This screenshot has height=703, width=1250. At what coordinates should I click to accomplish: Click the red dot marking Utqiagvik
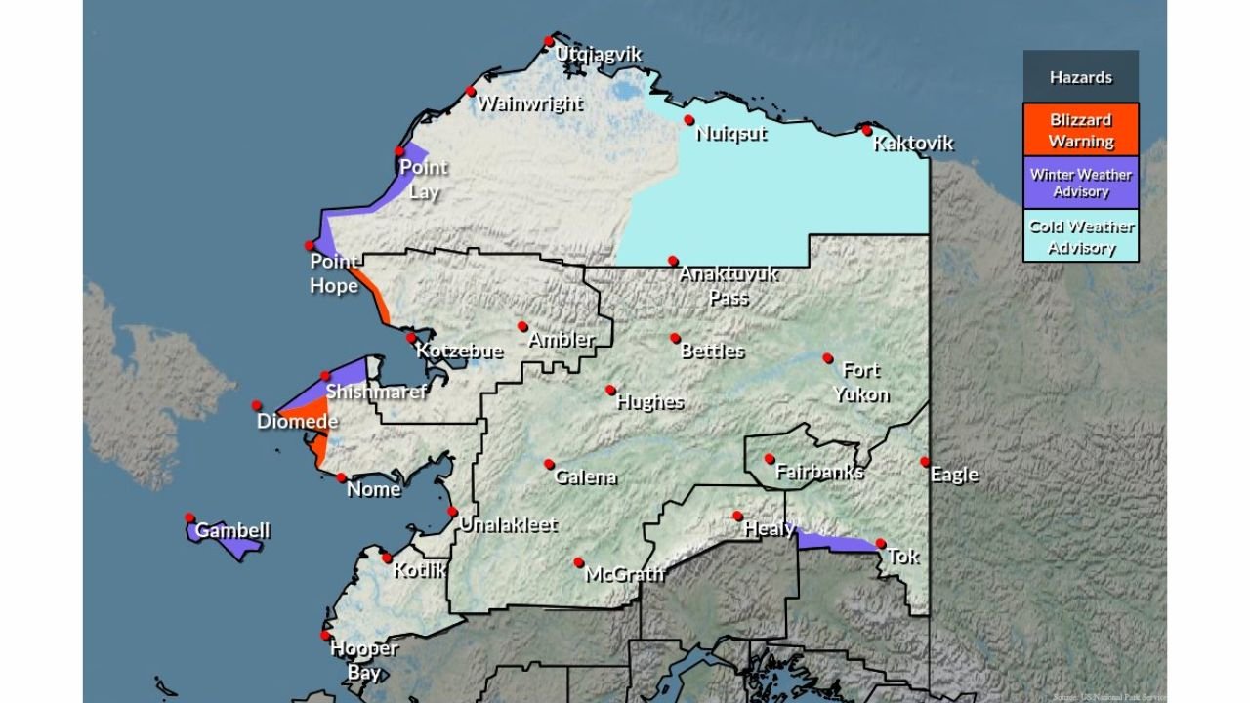tap(549, 41)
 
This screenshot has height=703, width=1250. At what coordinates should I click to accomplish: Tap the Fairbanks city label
tap(818, 473)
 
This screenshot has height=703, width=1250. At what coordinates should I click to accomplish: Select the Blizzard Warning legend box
tap(1081, 130)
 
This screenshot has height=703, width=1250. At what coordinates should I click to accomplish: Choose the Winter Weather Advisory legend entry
tap(1081, 183)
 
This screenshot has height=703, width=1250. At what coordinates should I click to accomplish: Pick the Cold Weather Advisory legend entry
tap(1081, 236)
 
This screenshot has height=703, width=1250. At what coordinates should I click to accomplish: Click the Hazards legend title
tap(1081, 77)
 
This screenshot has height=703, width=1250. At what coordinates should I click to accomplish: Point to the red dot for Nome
tap(342, 477)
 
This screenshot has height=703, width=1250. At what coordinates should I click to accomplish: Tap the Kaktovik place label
tap(913, 145)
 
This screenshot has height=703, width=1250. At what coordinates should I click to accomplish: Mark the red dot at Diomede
tap(257, 405)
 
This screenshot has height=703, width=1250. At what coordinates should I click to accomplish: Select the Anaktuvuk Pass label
tap(729, 285)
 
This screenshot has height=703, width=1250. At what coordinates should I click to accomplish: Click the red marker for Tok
tap(880, 544)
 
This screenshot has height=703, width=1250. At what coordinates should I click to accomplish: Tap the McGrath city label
tap(624, 575)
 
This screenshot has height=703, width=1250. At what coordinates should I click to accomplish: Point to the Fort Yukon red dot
tap(827, 358)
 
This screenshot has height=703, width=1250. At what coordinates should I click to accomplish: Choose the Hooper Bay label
tap(364, 660)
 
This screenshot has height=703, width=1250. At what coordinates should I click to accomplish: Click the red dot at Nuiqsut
tap(688, 120)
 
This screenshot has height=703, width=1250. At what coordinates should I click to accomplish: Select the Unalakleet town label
tap(508, 525)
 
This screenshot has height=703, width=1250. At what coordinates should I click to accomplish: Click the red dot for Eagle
tap(924, 461)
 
